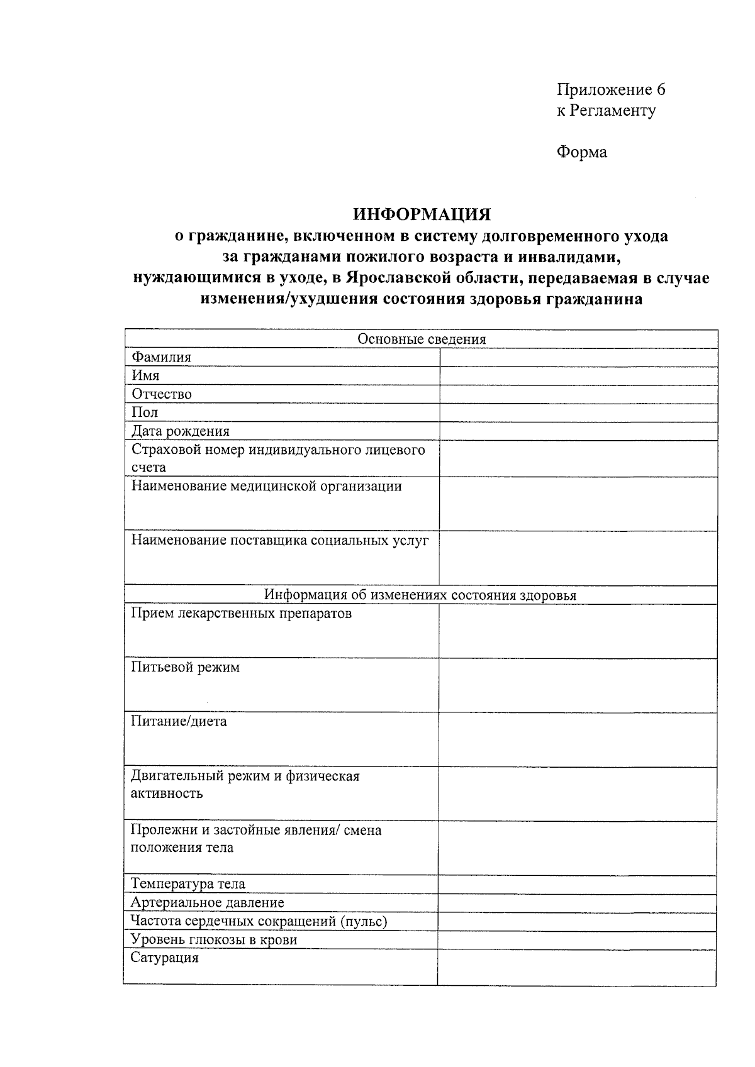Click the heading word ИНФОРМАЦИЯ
[x=422, y=215]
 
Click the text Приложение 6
[x=611, y=89]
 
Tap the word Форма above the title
[x=582, y=152]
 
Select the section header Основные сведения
[x=422, y=340]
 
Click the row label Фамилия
[x=161, y=358]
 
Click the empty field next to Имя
[x=578, y=376]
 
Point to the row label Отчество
[x=162, y=394]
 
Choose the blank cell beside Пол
[x=578, y=413]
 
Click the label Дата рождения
[x=180, y=431]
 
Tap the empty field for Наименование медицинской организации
[x=578, y=504]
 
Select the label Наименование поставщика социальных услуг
[x=279, y=541]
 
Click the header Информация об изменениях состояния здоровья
[x=420, y=595]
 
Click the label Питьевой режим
[x=185, y=668]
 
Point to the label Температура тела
[x=187, y=884]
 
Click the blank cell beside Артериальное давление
[x=577, y=904]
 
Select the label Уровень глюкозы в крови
[x=213, y=940]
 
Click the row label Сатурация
[x=164, y=958]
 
